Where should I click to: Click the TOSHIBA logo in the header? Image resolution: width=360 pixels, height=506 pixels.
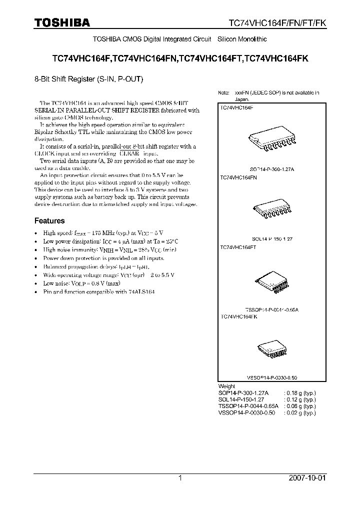(x=62, y=22)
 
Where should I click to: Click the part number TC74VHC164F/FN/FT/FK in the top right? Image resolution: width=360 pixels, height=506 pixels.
(x=277, y=23)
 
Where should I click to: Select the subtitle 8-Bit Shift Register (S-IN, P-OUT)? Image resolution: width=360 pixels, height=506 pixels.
(x=89, y=78)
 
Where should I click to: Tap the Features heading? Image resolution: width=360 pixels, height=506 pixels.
(x=49, y=220)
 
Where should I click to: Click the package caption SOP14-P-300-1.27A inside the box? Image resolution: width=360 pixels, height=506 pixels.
(x=272, y=169)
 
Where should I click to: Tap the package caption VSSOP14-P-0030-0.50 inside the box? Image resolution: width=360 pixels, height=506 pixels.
(x=272, y=378)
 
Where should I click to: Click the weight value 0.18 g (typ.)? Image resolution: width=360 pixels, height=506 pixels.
(x=300, y=393)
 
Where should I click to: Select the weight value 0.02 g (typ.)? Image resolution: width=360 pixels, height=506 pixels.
(x=300, y=413)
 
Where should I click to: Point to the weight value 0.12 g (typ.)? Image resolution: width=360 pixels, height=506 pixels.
(x=300, y=399)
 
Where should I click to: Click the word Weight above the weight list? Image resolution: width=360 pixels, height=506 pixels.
(x=226, y=386)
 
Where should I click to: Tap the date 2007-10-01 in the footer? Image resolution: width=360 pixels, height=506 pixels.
(x=307, y=478)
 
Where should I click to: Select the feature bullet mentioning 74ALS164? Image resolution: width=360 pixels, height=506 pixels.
(x=99, y=291)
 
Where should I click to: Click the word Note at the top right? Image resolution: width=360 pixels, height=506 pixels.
(x=223, y=93)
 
